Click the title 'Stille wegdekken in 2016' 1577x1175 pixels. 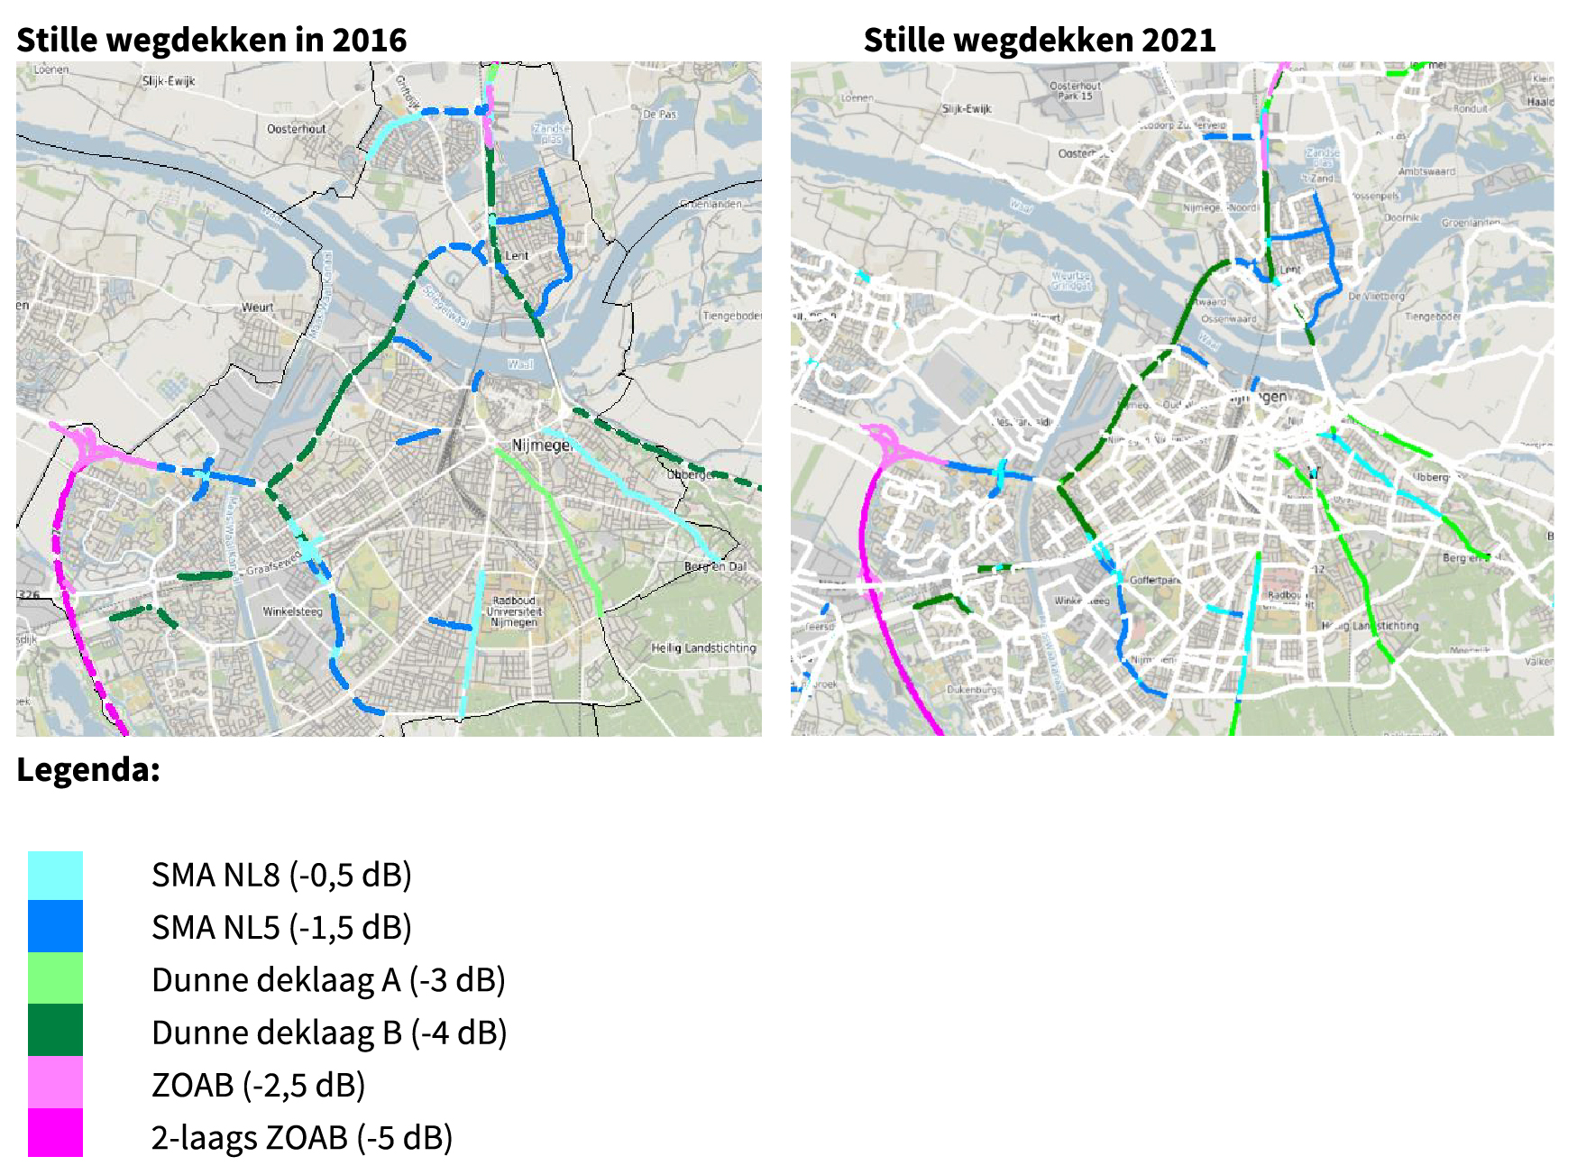(x=211, y=40)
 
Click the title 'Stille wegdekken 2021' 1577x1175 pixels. (x=1039, y=40)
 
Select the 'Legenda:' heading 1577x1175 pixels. (x=88, y=769)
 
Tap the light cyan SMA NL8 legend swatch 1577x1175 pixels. (x=55, y=875)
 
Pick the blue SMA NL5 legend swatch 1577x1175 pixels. (x=55, y=926)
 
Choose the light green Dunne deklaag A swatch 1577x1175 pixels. (x=55, y=978)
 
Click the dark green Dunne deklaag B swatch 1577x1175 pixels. (x=55, y=1030)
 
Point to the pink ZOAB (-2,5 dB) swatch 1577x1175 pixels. (x=55, y=1082)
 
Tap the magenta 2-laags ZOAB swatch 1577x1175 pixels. (x=55, y=1133)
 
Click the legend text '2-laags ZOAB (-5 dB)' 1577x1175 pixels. (x=301, y=1137)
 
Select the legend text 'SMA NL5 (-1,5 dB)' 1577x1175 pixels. (x=281, y=927)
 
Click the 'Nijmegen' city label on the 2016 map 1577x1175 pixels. (x=541, y=445)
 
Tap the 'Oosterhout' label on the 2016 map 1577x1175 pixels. (x=296, y=129)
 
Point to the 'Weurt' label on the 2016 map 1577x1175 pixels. (x=257, y=308)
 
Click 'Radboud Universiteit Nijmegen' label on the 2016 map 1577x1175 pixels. (x=514, y=611)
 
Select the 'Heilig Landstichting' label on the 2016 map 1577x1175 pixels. (x=703, y=647)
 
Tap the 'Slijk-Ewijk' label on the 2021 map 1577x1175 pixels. (x=966, y=108)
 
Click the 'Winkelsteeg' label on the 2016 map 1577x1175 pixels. (x=292, y=611)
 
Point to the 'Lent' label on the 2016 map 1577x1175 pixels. (x=517, y=256)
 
